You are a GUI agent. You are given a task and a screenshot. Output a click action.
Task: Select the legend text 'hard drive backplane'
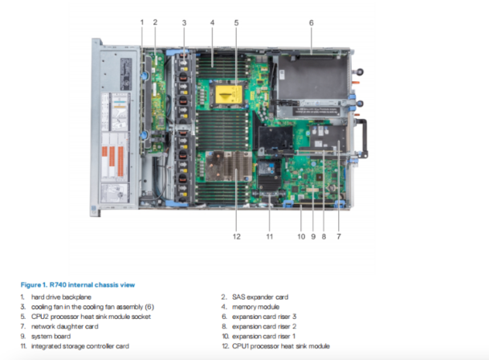point(61,297)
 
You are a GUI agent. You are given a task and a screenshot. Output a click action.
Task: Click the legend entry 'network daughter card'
point(64,326)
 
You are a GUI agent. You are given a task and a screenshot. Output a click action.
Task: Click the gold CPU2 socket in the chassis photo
point(235,98)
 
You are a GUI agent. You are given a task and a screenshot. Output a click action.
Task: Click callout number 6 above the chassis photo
point(311,22)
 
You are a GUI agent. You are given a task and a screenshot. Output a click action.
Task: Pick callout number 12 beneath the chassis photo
point(237,236)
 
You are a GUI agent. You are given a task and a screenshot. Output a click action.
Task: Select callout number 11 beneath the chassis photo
point(270,236)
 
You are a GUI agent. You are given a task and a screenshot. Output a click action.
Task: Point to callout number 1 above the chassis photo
point(141,22)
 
